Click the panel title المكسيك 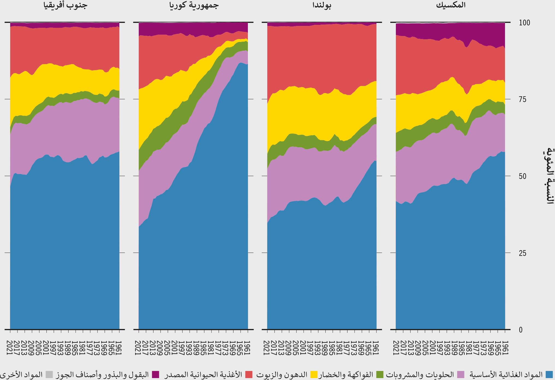coord(450,5)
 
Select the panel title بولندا coord(322,5)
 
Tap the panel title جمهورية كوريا coord(194,5)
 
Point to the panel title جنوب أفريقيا coord(65,5)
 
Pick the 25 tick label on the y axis coord(522,253)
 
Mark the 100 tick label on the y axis coord(524,23)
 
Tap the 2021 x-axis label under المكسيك coord(396,348)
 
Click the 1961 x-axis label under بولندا coord(376,348)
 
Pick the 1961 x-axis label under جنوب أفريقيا coord(119,348)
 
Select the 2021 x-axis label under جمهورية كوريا coord(139,348)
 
